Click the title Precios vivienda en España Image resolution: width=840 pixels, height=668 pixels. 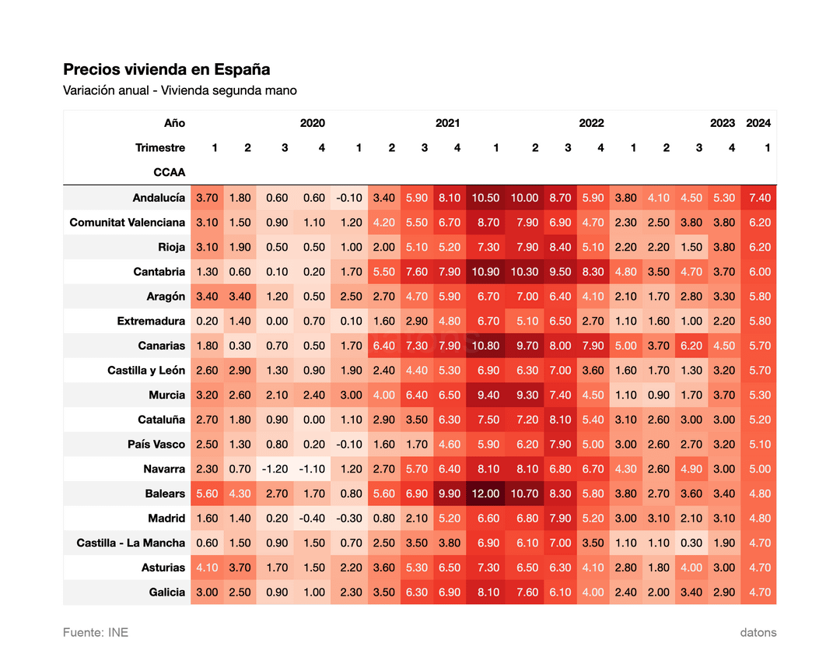pyautogui.click(x=166, y=70)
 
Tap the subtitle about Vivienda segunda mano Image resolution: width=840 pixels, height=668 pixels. pyautogui.click(x=180, y=90)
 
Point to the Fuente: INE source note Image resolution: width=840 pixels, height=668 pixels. pyautogui.click(x=96, y=633)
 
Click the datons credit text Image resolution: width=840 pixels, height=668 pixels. pyautogui.click(x=758, y=633)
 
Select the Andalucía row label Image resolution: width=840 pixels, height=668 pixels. pyautogui.click(x=159, y=198)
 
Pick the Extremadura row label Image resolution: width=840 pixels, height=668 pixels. pyautogui.click(x=151, y=321)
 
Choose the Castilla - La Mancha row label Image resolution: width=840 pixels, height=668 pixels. pyautogui.click(x=131, y=543)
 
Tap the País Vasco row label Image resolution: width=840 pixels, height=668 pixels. pyautogui.click(x=156, y=445)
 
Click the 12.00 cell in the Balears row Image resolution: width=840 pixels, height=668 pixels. pyautogui.click(x=485, y=494)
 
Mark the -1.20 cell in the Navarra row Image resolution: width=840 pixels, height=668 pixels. pyautogui.click(x=275, y=469)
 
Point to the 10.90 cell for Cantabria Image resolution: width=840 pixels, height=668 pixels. pyautogui.click(x=485, y=272)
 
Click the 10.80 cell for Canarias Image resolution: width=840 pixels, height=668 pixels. pyautogui.click(x=485, y=346)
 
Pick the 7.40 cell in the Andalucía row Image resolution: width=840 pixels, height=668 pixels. pyautogui.click(x=760, y=198)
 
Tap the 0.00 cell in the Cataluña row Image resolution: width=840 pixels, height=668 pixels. pyautogui.click(x=314, y=420)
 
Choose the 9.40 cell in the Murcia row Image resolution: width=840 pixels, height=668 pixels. pyautogui.click(x=488, y=396)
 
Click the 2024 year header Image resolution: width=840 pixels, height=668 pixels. pyautogui.click(x=758, y=123)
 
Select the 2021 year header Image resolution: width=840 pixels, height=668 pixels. pyautogui.click(x=447, y=123)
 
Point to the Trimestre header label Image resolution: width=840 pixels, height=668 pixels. pyautogui.click(x=160, y=148)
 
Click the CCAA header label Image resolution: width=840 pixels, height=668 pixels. pyautogui.click(x=170, y=173)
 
